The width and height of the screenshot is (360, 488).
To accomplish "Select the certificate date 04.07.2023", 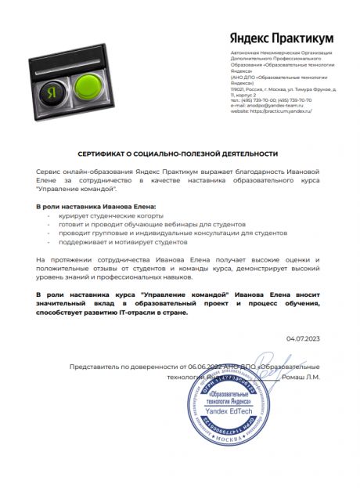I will click(x=303, y=338).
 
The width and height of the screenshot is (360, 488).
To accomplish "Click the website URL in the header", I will click(x=271, y=112).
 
